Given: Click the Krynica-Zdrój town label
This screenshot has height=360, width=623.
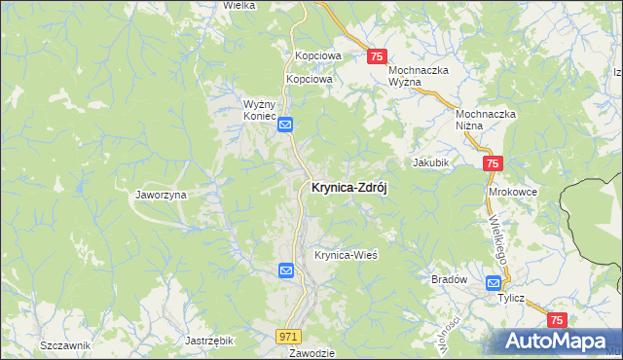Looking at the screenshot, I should click(x=348, y=189).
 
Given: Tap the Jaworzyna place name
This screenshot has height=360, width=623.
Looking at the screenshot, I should click(x=161, y=195).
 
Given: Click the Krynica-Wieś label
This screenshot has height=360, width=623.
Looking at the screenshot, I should click(x=345, y=255).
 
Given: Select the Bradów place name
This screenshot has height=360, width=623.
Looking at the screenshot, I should click(x=450, y=279).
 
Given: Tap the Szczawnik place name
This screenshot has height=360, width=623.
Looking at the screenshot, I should click(x=65, y=346).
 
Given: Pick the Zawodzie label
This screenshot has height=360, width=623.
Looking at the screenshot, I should click(x=311, y=353).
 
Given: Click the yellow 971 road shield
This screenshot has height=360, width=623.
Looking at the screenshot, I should click(x=288, y=336).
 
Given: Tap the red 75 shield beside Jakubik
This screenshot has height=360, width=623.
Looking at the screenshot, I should click(x=493, y=164).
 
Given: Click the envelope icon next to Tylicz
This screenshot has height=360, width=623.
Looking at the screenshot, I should click(x=493, y=283).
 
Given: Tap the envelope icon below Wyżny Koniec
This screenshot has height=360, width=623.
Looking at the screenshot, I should click(x=286, y=125).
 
